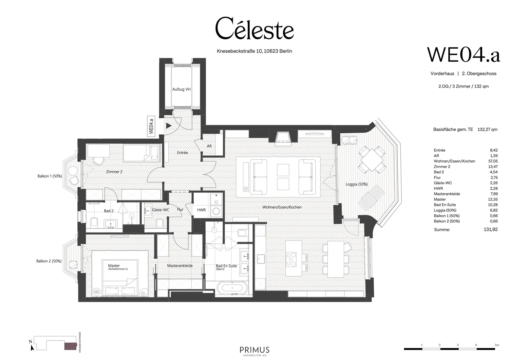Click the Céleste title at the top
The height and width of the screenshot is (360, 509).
coord(254,29)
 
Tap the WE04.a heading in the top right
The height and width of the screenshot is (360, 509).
coord(463,55)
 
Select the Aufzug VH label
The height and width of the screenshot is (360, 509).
coord(181,89)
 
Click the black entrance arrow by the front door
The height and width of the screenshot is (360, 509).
coord(169,126)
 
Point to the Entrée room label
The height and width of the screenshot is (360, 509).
coord(182,153)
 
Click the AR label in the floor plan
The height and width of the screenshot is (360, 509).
coord(209,146)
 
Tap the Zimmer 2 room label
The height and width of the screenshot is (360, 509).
coord(114,172)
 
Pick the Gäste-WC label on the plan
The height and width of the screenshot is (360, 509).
coord(160,210)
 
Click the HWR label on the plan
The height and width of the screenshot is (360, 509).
coord(201,210)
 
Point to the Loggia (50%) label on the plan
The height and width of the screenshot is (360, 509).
coord(357,184)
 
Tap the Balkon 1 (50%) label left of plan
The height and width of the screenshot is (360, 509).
coord(50,176)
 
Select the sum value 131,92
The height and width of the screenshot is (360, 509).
coord(490,229)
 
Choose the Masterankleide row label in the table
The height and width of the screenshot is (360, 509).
coord(447,194)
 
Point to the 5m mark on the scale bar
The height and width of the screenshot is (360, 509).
coord(497,345)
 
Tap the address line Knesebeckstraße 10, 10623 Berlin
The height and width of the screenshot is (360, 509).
coord(254,51)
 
